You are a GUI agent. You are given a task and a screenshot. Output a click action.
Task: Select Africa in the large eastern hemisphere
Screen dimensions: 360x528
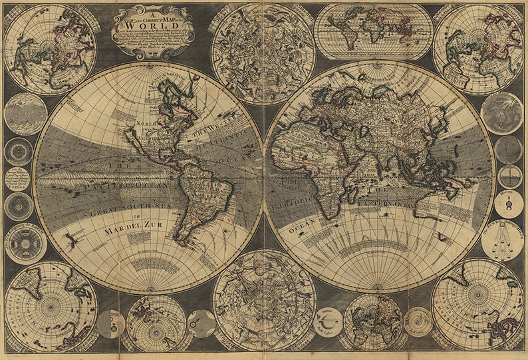[319, 160]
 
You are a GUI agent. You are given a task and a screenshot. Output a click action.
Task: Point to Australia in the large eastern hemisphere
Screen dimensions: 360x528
[439, 203]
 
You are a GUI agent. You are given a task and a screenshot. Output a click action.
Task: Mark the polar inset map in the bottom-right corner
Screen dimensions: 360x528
[477, 303]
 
